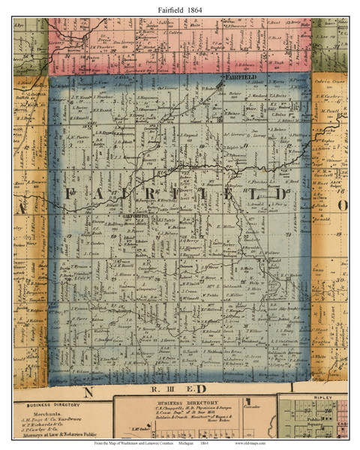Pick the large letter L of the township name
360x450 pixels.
[x=256, y=195]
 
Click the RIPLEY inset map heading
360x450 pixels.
[x=312, y=401]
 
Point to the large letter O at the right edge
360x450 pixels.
[x=343, y=205]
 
